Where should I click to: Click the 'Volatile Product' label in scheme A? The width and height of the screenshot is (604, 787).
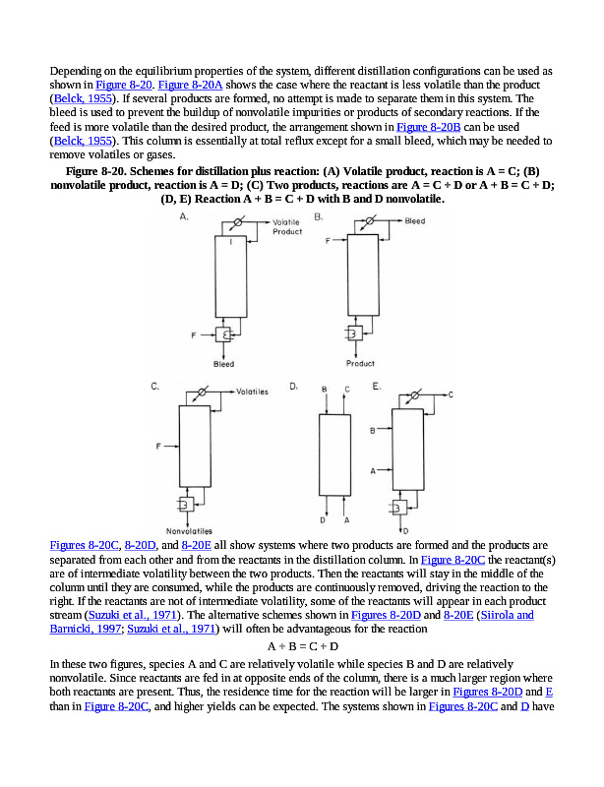click(x=287, y=227)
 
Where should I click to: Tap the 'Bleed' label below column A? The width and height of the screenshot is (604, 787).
click(x=224, y=364)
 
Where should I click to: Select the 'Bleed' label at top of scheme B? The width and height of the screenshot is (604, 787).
click(x=415, y=221)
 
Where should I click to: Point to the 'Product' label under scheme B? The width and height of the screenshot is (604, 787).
click(x=360, y=364)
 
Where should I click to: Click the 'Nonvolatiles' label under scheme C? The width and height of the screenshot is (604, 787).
click(x=190, y=532)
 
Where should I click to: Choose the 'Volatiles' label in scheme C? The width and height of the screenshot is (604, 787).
click(x=252, y=391)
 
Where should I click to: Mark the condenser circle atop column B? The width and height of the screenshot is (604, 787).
click(x=368, y=223)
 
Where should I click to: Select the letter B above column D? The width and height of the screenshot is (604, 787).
click(x=325, y=390)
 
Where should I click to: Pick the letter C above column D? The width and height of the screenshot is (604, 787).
click(x=346, y=390)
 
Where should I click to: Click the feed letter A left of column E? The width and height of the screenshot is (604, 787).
click(x=373, y=471)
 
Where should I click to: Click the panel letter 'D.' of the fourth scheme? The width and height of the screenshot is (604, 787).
click(x=293, y=388)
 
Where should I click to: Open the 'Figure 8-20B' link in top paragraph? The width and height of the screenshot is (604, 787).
click(x=428, y=127)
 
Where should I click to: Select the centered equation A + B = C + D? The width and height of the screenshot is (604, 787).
click(x=303, y=646)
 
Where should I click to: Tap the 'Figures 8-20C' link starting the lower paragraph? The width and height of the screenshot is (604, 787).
click(x=85, y=544)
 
